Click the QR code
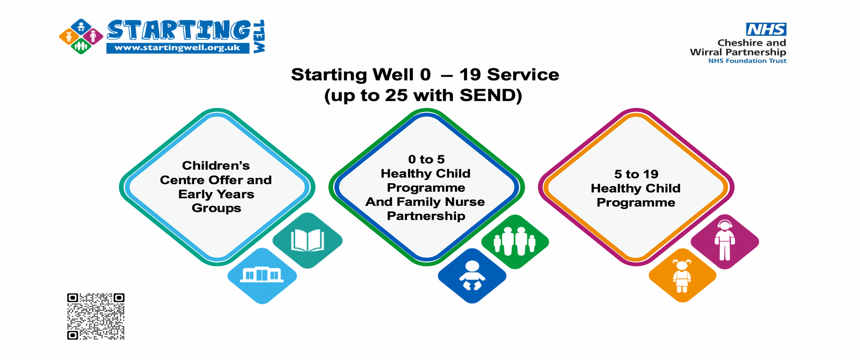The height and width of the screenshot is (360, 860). [x=96, y=317]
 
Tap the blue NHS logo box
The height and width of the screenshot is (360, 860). [x=766, y=30]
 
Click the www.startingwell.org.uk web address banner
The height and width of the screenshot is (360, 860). [x=177, y=48]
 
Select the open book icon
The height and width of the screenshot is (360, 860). [x=307, y=240]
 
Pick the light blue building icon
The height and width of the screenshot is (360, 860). [x=262, y=274]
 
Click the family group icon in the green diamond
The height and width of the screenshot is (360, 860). [x=515, y=241]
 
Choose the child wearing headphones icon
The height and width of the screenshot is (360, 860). [x=725, y=240]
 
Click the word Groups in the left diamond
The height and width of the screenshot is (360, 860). [x=216, y=208]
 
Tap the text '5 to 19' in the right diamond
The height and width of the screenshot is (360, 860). [x=636, y=174]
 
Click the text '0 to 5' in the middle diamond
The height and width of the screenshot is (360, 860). [x=426, y=159]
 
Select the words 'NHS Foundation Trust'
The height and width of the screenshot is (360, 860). [x=747, y=61]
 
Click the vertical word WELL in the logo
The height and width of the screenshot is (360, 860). [x=259, y=37]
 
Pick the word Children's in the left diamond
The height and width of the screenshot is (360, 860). [x=216, y=166]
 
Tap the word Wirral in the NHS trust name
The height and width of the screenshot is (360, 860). [x=705, y=52]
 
